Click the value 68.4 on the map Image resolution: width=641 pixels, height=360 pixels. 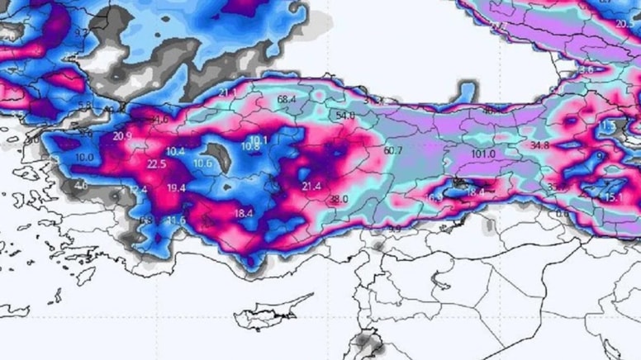point(287,100)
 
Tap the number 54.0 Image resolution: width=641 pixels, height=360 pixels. point(344,116)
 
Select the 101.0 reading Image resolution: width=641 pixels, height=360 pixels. point(482,154)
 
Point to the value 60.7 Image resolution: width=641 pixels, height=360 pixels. point(393,150)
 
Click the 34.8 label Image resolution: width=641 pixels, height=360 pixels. point(539,145)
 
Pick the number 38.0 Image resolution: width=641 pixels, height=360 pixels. point(339,199)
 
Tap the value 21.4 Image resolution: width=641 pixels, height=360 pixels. point(311,187)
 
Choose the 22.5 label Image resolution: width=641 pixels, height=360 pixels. point(156,164)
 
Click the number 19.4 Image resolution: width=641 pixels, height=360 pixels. point(175,188)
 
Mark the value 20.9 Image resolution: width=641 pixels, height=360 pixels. point(122,136)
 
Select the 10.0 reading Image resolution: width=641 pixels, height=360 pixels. point(84,157)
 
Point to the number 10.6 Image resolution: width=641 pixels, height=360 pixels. point(202,163)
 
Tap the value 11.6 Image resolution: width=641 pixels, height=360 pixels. point(175,220)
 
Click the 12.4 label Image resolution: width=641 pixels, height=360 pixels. point(138,190)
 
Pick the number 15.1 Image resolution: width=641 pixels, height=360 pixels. point(613,198)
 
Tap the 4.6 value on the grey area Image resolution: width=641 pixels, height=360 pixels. point(81,186)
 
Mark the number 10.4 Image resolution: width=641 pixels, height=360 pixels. point(175,151)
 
